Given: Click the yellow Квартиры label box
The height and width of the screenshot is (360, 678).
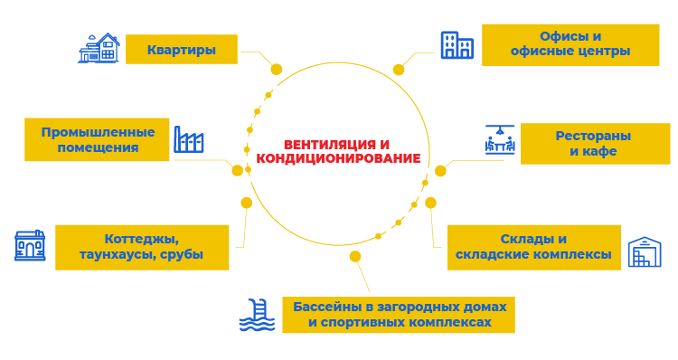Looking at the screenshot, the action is point(182,50).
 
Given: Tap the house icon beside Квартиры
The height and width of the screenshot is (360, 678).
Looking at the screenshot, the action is point(99,48).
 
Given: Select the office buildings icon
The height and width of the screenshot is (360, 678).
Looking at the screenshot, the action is point(457,45).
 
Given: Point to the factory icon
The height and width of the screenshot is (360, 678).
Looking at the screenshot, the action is point(189,139).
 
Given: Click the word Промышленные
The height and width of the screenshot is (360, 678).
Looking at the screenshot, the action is point(99,132).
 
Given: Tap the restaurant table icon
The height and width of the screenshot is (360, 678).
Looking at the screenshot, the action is point(500,140).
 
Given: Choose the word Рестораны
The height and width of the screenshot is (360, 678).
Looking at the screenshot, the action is point(593,136).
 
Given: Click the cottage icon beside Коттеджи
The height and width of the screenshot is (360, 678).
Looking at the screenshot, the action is point(30,245).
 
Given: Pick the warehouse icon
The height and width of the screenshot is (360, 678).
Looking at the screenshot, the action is point(645,251).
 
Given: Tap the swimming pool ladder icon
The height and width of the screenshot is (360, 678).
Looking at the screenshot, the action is point(258,315).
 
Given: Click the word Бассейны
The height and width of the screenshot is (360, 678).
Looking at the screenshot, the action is point(327,307).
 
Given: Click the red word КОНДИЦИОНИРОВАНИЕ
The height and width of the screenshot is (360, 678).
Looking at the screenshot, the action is point(338,158).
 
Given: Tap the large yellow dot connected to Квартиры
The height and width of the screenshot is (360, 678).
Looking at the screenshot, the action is point(277,70).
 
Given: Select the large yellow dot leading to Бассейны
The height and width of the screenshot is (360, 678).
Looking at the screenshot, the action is point(355,257).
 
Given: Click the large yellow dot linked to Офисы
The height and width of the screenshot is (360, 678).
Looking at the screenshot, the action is point(399,70).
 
